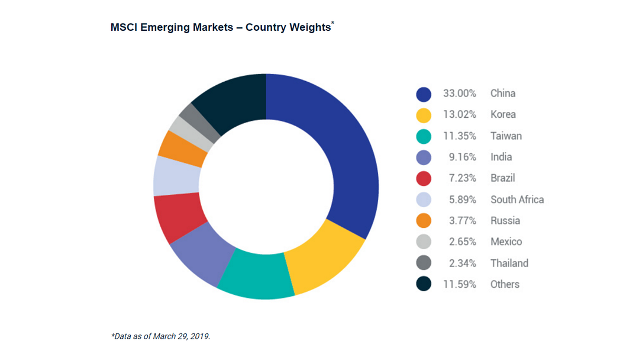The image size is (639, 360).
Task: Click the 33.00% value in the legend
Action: click(460, 94)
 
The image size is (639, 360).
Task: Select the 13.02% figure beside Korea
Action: click(460, 115)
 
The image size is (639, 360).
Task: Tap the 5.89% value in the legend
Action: click(462, 200)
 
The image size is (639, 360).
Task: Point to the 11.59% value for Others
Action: click(460, 284)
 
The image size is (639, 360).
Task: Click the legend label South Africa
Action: click(517, 200)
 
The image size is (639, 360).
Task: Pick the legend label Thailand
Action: click(509, 263)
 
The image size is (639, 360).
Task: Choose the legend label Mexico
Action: click(506, 242)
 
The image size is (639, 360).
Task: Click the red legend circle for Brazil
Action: click(424, 178)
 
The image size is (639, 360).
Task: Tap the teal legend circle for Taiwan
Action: click(424, 136)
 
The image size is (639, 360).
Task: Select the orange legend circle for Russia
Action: click(424, 221)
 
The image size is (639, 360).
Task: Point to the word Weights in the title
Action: click(309, 28)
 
